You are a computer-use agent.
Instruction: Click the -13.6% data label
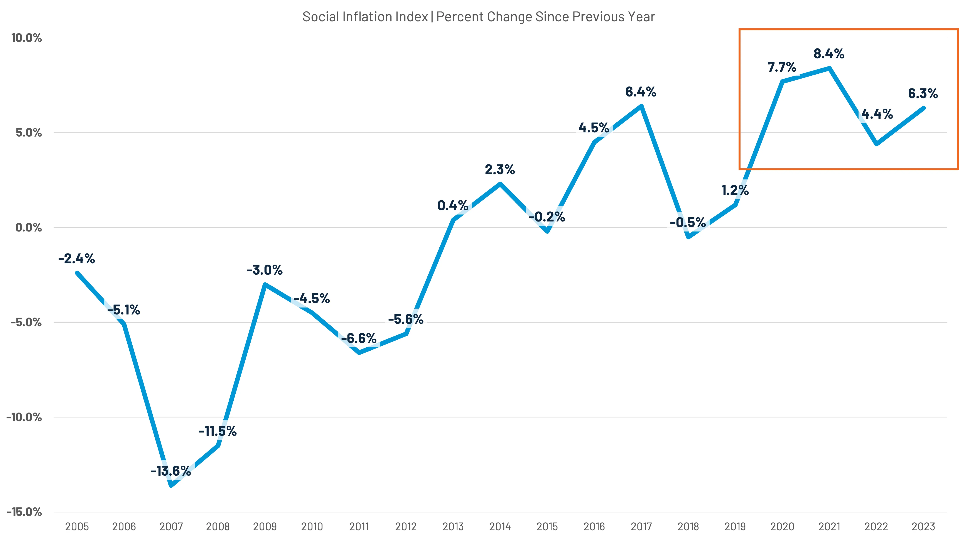(171, 471)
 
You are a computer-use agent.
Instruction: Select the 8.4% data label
(829, 54)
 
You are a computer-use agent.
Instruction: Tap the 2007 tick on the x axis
(171, 527)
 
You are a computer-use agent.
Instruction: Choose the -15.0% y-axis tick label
(24, 512)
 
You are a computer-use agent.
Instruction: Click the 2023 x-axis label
(923, 527)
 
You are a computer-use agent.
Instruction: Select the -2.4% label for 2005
(76, 259)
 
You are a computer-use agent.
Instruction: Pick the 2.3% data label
(500, 170)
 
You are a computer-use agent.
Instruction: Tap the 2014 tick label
(500, 527)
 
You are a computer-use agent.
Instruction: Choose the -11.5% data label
(218, 431)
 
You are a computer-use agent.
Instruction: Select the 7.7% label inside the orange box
(782, 67)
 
